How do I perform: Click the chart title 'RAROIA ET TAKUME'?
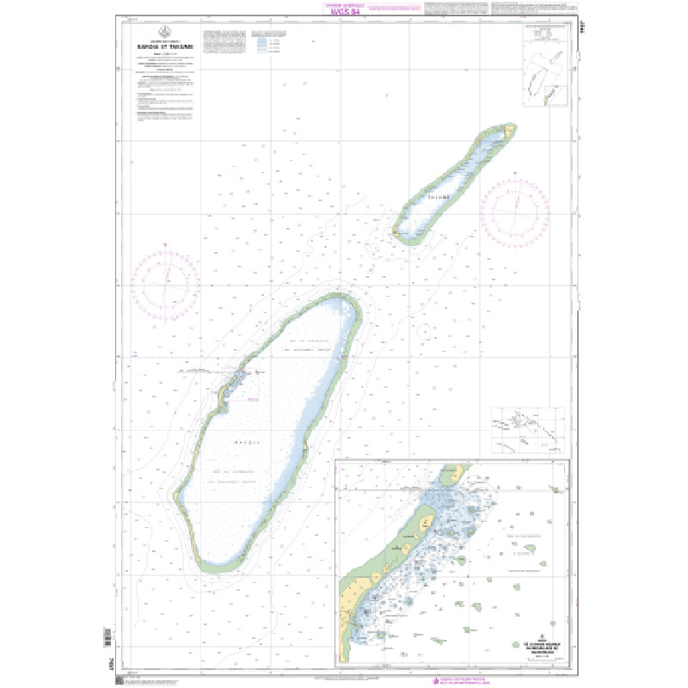coord(166,46)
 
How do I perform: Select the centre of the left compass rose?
coord(168,281)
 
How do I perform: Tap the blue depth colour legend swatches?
coord(261,44)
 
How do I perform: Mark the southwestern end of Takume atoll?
coord(397,234)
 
